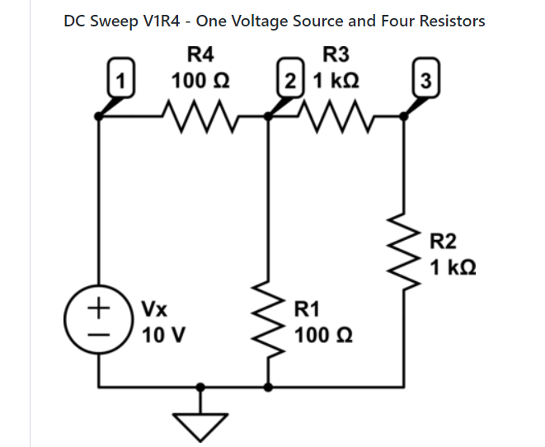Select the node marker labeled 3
[x=424, y=82]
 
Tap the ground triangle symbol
[x=200, y=424]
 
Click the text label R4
[x=201, y=55]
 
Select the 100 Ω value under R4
[x=200, y=82]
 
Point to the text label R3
[x=337, y=55]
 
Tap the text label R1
[x=307, y=310]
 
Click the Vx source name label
[x=155, y=311]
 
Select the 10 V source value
[x=163, y=336]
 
